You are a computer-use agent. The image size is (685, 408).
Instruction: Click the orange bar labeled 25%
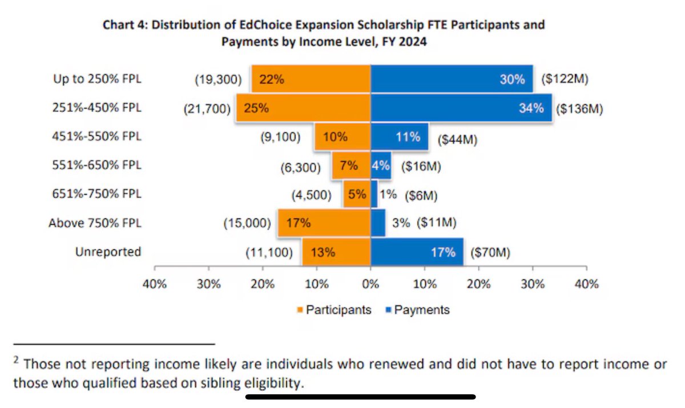303,109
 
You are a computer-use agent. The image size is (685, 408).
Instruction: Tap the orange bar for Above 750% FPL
324,223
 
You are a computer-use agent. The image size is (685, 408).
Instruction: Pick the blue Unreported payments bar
417,252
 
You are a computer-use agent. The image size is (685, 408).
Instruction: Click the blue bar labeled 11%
400,137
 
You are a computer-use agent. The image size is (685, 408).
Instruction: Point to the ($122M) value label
564,79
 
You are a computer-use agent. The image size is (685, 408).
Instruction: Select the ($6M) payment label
421,195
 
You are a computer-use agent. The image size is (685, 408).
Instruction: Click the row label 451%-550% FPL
95,137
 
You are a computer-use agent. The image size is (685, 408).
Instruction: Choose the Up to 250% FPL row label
95,79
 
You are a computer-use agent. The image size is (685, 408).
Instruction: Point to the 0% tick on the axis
370,284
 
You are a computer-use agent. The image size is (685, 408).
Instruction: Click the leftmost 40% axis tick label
154,284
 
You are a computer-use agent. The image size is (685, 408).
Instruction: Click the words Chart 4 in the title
123,25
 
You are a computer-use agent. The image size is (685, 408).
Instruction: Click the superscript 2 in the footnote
16,361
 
